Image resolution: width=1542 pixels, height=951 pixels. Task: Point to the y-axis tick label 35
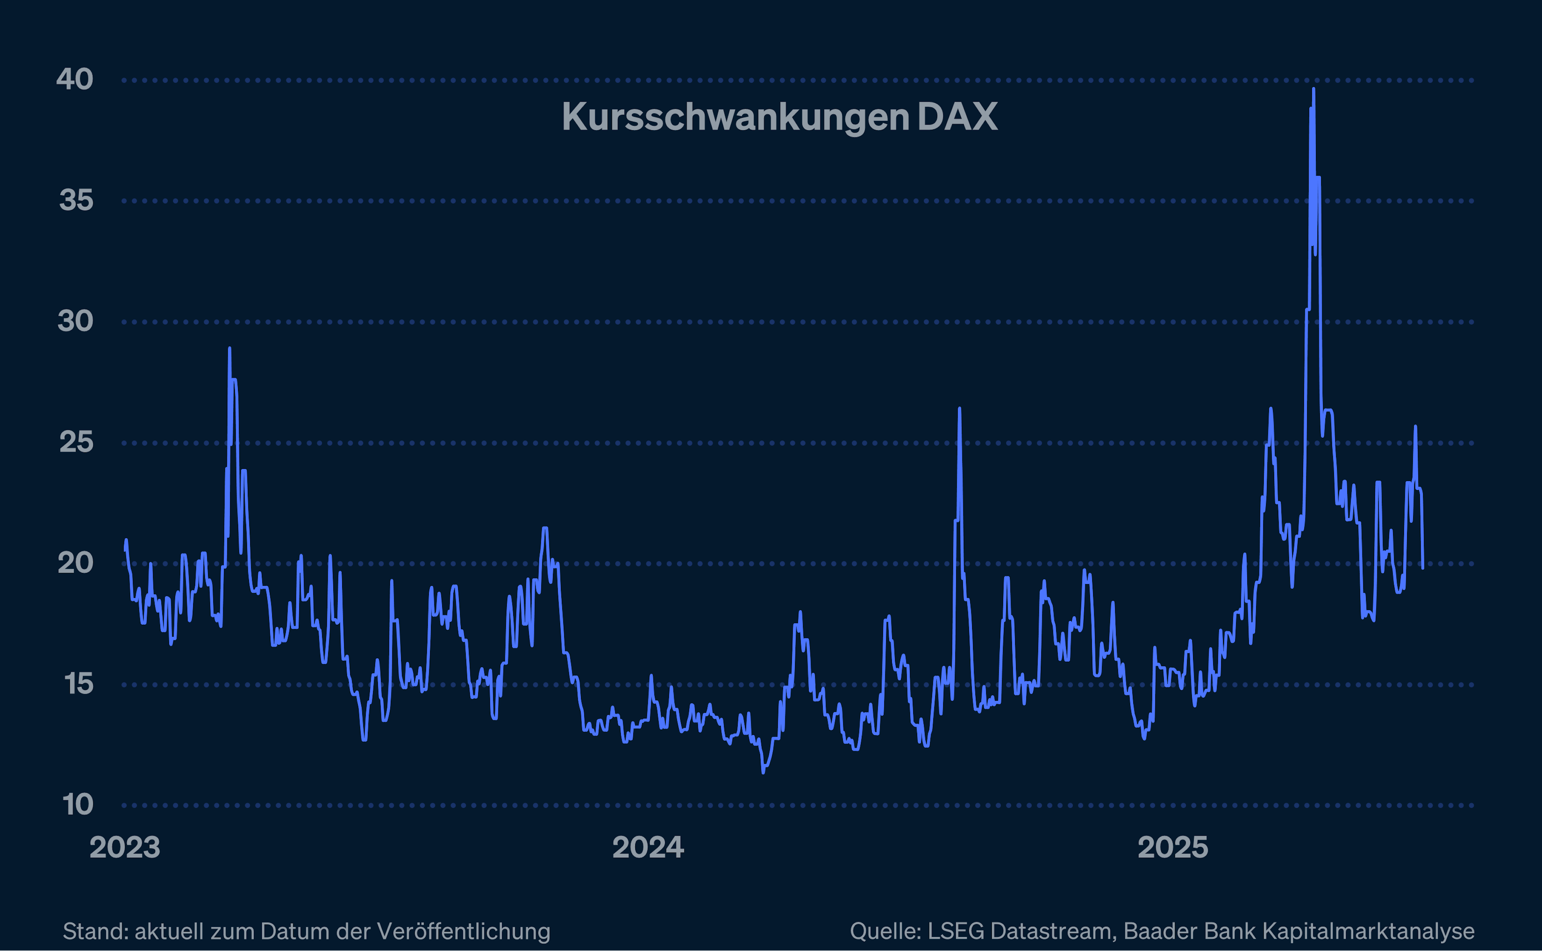[x=76, y=200]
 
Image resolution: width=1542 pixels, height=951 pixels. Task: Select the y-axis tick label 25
[x=76, y=442]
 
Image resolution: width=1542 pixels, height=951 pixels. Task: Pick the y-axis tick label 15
[x=79, y=684]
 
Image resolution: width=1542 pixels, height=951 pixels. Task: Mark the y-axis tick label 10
[x=78, y=804]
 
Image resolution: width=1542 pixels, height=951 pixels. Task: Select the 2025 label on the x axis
[x=1173, y=848]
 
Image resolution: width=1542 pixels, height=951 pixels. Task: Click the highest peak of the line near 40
[x=1313, y=89]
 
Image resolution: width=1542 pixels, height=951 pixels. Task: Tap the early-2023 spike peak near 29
[x=229, y=348]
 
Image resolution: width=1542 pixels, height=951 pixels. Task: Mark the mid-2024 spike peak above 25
[x=959, y=409]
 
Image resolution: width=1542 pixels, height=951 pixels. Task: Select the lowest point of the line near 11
[x=763, y=772]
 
